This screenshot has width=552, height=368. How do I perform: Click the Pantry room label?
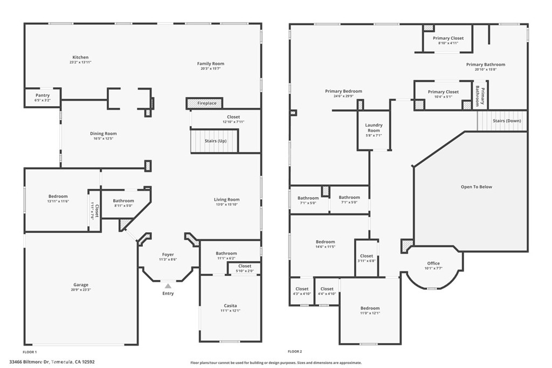[x=42, y=95]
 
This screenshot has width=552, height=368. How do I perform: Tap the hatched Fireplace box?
[x=204, y=103]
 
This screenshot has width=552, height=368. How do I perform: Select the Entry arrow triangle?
[x=168, y=286]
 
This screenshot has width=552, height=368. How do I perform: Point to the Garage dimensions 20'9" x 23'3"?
[x=81, y=290]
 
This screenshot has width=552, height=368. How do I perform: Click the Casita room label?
[x=230, y=305]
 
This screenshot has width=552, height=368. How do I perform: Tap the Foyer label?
[x=168, y=254]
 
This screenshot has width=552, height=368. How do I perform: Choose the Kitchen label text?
[x=80, y=57]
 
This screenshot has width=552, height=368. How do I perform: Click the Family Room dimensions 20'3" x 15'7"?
[x=210, y=69]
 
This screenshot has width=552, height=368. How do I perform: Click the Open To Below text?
[x=476, y=187]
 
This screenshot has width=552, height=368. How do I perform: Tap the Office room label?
[x=433, y=263]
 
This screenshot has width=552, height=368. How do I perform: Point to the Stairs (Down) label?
[x=506, y=121]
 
